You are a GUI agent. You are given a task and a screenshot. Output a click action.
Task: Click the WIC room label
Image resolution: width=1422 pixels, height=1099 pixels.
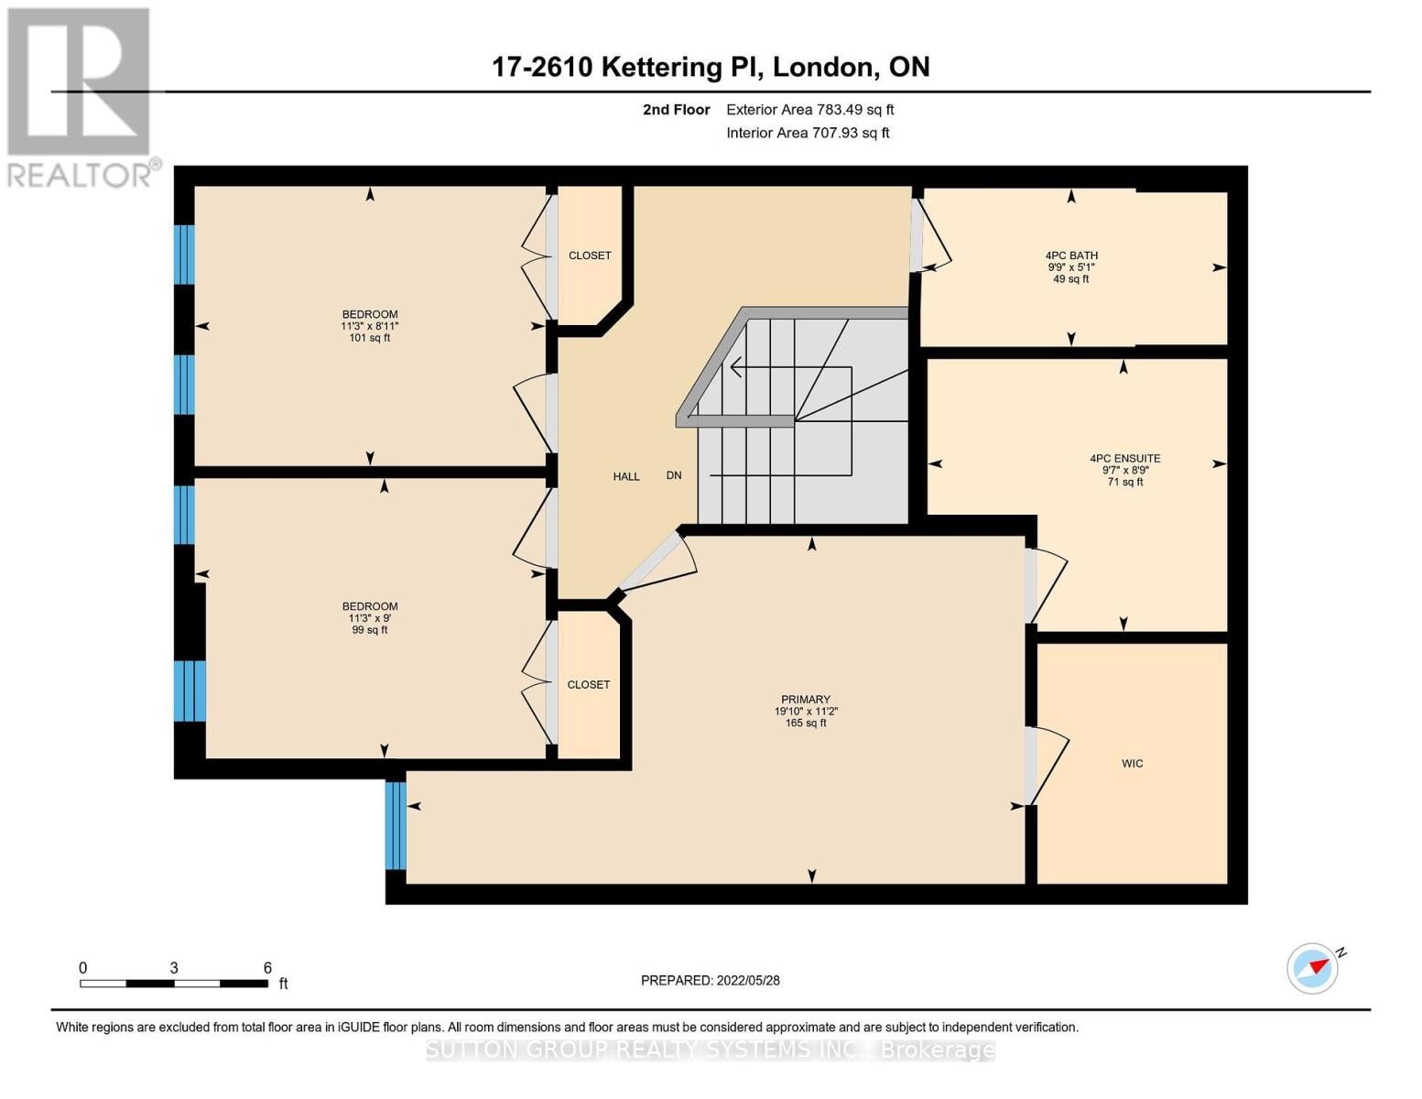tap(1132, 763)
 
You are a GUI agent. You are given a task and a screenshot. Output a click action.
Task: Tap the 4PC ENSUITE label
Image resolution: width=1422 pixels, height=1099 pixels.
tap(1124, 459)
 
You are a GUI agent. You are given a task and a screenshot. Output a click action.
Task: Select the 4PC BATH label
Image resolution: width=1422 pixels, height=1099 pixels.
tap(1071, 256)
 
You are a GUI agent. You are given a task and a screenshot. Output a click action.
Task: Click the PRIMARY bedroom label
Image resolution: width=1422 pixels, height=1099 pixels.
tap(805, 700)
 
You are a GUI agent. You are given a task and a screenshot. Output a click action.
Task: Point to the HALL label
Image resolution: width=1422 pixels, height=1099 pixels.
tap(626, 476)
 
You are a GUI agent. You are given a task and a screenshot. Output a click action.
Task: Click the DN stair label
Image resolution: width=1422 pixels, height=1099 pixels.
tap(674, 475)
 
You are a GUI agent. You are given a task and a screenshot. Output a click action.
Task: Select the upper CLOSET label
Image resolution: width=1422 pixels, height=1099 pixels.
tap(590, 256)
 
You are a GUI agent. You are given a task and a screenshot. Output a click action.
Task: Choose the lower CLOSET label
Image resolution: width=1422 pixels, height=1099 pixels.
tap(588, 684)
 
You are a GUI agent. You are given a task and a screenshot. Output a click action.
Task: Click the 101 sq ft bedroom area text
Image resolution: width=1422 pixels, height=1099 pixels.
tap(370, 338)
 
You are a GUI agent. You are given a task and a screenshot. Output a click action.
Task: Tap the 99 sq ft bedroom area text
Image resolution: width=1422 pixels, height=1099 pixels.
tap(370, 630)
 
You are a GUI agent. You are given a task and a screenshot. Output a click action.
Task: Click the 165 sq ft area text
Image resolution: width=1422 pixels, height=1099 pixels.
tap(805, 724)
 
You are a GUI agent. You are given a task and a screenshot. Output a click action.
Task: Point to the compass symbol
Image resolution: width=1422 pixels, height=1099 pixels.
tap(1313, 968)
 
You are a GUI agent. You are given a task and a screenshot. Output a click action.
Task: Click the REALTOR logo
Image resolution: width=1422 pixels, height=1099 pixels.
tap(80, 97)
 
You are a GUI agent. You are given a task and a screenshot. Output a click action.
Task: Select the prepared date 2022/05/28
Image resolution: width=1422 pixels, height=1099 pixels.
tap(710, 980)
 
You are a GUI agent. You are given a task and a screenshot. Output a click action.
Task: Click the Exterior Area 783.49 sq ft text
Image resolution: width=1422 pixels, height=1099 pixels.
tap(809, 110)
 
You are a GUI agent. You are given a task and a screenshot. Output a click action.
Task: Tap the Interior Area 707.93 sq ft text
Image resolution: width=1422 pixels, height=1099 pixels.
tap(808, 133)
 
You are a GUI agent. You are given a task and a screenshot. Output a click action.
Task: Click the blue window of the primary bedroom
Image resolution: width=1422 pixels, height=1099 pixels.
tap(396, 825)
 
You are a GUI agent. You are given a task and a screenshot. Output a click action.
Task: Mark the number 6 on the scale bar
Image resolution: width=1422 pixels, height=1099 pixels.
tap(267, 968)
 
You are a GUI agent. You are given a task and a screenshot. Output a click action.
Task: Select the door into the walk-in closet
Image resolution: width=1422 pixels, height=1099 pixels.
tap(1045, 766)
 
